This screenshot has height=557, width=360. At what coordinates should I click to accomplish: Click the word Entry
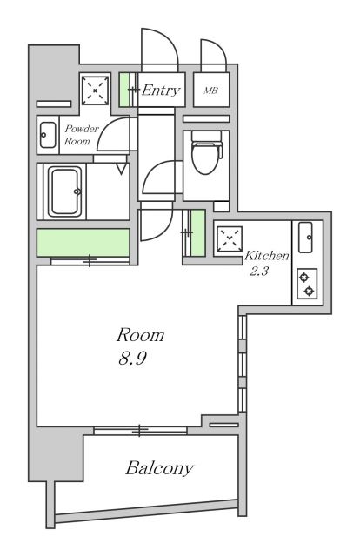click(x=161, y=91)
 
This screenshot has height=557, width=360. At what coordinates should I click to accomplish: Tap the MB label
click(x=210, y=91)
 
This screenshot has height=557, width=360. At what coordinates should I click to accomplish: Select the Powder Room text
click(x=80, y=135)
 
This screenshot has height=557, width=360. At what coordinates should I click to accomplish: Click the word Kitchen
click(x=267, y=256)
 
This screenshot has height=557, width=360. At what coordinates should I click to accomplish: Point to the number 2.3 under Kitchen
click(x=259, y=272)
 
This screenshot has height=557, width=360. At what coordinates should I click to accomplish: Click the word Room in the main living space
click(x=140, y=335)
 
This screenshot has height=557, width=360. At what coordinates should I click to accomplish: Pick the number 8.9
click(x=132, y=358)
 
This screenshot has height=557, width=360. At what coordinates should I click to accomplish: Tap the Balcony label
click(x=160, y=468)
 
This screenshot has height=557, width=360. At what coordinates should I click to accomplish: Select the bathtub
click(x=64, y=191)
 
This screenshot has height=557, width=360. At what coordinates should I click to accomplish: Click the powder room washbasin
click(x=48, y=135)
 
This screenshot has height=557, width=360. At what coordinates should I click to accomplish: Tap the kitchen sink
click(x=305, y=238)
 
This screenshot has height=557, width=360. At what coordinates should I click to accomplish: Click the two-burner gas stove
click(x=307, y=284)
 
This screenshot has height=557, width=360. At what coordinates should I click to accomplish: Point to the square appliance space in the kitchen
click(x=230, y=239)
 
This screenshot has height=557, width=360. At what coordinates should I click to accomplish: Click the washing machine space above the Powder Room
click(x=95, y=90)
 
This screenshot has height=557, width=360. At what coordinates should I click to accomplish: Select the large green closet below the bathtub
click(x=83, y=243)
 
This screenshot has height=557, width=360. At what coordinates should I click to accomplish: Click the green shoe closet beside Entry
click(x=123, y=90)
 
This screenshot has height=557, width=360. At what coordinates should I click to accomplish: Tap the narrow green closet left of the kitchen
click(x=197, y=232)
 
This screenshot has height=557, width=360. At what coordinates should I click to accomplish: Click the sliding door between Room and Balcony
click(x=141, y=431)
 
